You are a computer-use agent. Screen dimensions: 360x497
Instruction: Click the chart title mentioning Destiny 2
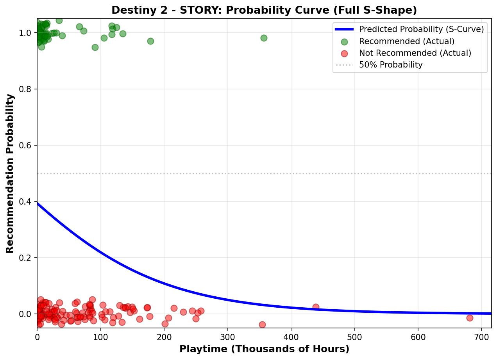tap(264, 10)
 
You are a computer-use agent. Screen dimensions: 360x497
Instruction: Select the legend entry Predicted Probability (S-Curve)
tap(421, 29)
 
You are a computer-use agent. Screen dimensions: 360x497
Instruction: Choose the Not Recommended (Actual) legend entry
tap(415, 53)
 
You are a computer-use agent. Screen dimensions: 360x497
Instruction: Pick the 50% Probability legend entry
tap(391, 65)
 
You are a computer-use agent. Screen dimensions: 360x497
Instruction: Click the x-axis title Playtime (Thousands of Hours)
tap(264, 349)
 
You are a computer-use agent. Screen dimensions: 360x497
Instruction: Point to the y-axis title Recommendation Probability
tap(10, 173)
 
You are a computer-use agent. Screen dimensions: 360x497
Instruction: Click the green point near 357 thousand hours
tap(264, 38)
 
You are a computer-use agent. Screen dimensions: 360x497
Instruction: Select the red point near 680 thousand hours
tap(470, 318)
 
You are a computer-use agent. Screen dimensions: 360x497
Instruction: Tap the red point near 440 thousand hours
tap(316, 307)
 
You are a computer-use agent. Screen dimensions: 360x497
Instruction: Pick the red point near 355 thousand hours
tap(262, 324)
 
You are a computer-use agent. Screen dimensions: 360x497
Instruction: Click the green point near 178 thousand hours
tap(150, 41)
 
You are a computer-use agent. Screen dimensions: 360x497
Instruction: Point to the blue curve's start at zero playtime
tap(38, 203)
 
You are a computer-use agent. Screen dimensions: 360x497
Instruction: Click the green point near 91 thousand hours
tap(95, 47)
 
